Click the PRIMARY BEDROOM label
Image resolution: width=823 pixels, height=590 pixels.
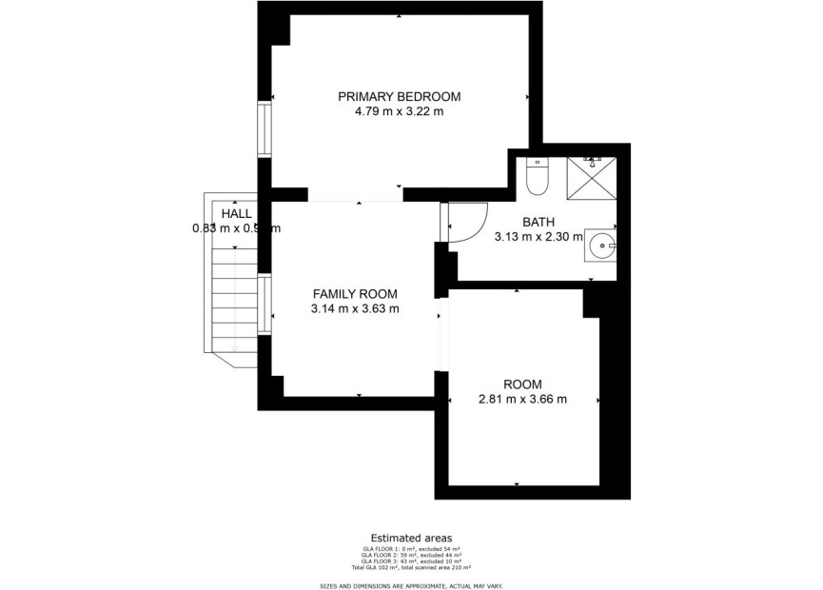coord(400,96)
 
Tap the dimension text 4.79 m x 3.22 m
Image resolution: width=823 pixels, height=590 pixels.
coord(400,111)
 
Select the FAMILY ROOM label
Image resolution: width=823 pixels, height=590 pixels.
coord(355,294)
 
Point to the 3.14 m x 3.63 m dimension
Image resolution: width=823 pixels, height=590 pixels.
coord(355,309)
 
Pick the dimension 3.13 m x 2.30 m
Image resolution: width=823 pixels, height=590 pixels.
coord(538,238)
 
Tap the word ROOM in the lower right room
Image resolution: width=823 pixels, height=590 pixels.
coord(522,384)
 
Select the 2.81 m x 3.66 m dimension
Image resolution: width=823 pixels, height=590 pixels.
coord(522,400)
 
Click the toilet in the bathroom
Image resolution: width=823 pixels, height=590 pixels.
coord(538,174)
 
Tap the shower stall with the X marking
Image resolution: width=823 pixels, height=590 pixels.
coord(591,177)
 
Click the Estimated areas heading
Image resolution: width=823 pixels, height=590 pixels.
coord(411,538)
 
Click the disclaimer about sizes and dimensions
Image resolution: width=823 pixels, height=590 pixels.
coord(411,585)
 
